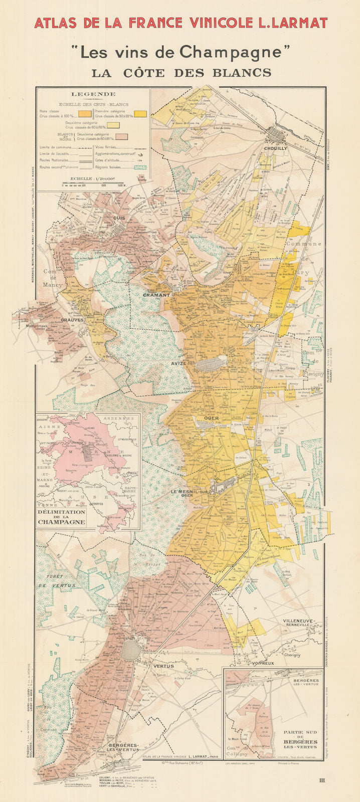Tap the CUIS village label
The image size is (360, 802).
tap(119, 218)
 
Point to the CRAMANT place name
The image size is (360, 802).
tap(156, 295)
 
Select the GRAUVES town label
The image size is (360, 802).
tap(72, 319)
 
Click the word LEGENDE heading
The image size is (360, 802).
tap(93, 94)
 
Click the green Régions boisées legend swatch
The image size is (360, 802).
tap(142, 167)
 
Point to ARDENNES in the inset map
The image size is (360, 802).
tap(118, 419)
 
